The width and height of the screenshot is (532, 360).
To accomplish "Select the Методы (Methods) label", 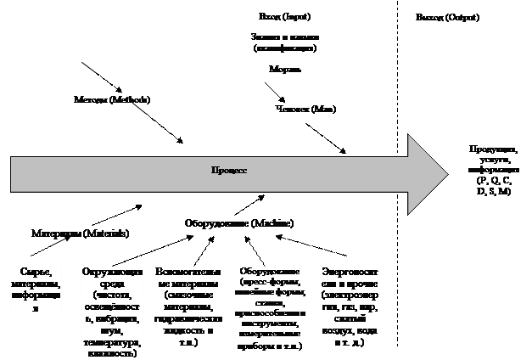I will tap(111, 100).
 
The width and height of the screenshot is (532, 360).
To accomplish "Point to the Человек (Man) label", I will tap(305, 109).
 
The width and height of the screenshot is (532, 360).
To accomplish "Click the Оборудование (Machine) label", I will tap(239, 223).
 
